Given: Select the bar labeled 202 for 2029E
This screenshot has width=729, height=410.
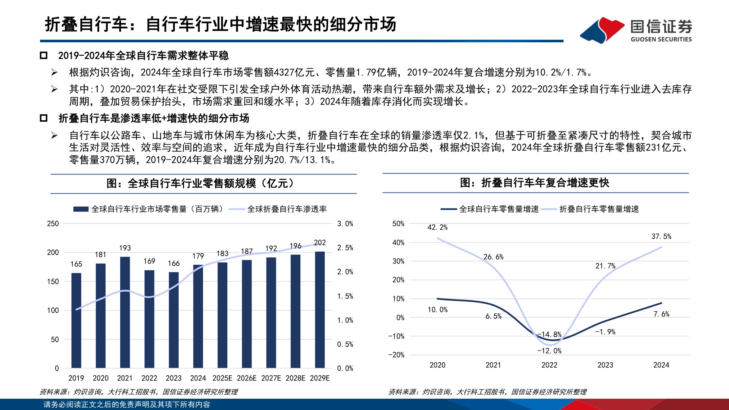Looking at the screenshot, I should [x=320, y=310].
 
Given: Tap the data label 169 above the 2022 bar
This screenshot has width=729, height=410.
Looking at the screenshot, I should [x=149, y=261].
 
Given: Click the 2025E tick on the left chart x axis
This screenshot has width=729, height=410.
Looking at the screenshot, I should [x=222, y=378].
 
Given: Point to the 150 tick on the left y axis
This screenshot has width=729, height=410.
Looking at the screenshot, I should [x=53, y=281].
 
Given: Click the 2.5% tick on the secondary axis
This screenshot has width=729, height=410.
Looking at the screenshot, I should [x=345, y=248].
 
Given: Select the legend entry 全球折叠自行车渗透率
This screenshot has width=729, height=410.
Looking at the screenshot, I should [x=286, y=209].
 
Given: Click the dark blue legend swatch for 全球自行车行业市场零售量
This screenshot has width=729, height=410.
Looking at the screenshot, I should [x=81, y=209].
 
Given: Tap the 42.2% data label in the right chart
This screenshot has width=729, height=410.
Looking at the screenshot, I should [x=437, y=227].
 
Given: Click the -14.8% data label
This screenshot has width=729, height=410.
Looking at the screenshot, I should [x=550, y=334].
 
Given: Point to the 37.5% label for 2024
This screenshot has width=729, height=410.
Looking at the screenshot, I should [x=661, y=237].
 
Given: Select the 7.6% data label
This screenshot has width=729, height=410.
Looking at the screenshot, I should [x=661, y=314].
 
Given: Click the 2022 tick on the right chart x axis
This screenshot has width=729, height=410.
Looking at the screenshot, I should [x=549, y=365].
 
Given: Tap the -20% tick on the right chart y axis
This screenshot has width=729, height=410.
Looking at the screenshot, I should [x=396, y=355].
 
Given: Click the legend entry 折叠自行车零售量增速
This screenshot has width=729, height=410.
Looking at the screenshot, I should [x=599, y=209].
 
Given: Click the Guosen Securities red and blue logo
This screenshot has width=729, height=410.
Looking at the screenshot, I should [x=602, y=30].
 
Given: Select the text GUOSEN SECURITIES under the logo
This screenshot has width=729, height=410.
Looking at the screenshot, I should [x=661, y=39].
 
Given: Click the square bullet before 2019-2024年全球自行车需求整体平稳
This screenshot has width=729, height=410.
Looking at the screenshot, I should [x=44, y=55].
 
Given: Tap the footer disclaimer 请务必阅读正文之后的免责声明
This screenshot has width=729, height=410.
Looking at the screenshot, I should [x=126, y=405].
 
